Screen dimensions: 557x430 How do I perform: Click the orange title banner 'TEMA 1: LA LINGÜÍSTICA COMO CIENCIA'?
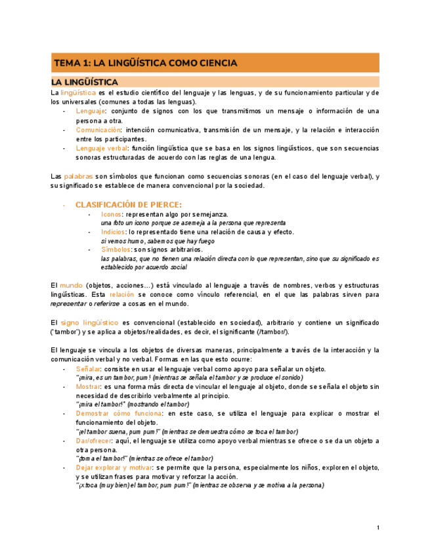pyautogui.click(x=215, y=63)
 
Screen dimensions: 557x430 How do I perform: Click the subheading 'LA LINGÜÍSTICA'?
pyautogui.click(x=85, y=82)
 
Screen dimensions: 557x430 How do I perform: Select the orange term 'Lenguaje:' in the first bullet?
pyautogui.click(x=89, y=111)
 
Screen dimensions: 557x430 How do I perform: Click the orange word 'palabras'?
pyautogui.click(x=78, y=176)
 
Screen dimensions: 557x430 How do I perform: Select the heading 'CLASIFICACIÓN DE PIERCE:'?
pyautogui.click(x=128, y=204)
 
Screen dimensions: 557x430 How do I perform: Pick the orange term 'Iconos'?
pyautogui.click(x=111, y=214)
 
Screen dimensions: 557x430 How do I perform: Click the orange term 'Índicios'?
pyautogui.click(x=113, y=232)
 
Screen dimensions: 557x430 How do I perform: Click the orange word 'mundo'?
pyautogui.click(x=71, y=286)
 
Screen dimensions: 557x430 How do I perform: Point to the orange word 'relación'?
pyautogui.click(x=121, y=295)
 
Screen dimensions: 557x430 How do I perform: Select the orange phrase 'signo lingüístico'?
pyautogui.click(x=89, y=323)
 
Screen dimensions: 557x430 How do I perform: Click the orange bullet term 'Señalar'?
pyautogui.click(x=87, y=369)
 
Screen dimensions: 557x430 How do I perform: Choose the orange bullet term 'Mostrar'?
pyautogui.click(x=88, y=387)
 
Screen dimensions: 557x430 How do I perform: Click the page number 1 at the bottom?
pyautogui.click(x=378, y=528)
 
